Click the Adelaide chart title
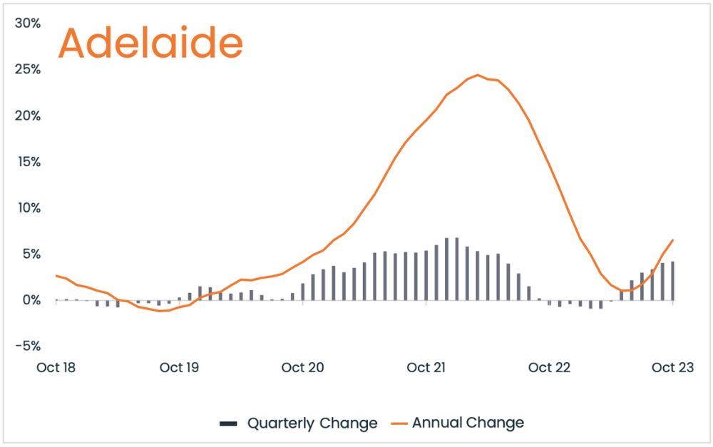(150, 43)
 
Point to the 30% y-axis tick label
(27, 24)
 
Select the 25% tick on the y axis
(27, 70)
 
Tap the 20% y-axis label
(27, 116)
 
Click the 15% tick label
(29, 162)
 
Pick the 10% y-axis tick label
(29, 208)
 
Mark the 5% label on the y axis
(31, 255)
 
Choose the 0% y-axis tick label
(31, 300)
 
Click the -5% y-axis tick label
(28, 346)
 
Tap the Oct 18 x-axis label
(56, 367)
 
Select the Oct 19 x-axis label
(179, 367)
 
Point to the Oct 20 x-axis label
(303, 367)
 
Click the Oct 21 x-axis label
(426, 367)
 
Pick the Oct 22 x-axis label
(549, 367)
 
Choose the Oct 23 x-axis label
(673, 367)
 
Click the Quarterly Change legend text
(312, 423)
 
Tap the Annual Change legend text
(468, 423)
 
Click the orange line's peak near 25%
(478, 75)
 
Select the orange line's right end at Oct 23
(673, 240)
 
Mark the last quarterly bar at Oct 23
(673, 281)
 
